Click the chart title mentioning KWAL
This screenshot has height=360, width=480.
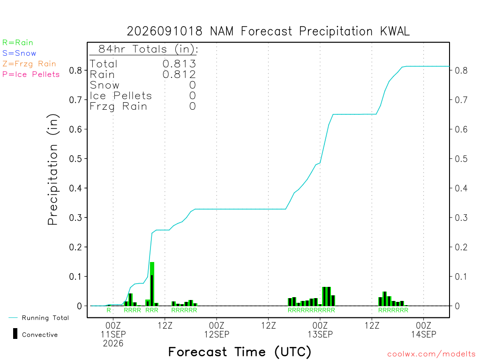(x=268, y=31)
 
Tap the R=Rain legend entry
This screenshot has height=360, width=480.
(x=18, y=43)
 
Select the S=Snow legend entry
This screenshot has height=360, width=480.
(x=19, y=53)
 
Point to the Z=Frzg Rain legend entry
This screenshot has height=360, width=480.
(x=29, y=64)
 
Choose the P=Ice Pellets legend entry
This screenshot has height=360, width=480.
(x=31, y=75)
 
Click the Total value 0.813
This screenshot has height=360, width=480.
(x=179, y=64)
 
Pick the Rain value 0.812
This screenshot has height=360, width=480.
(x=179, y=75)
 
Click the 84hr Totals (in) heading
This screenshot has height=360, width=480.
(x=148, y=49)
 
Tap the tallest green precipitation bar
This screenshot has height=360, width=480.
(x=152, y=284)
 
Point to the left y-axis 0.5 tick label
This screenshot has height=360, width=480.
(x=75, y=159)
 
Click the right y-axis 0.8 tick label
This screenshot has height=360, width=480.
(x=461, y=70)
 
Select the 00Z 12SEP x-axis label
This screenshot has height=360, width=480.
(x=217, y=330)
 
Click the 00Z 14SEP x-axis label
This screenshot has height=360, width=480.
(x=424, y=330)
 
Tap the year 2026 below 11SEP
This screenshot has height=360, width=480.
(x=113, y=344)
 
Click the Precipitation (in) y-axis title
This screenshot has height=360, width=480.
(x=53, y=169)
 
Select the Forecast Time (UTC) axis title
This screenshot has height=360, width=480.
(x=240, y=352)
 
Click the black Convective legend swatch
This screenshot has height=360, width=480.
(x=15, y=334)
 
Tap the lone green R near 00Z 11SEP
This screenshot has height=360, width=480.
(x=109, y=310)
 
